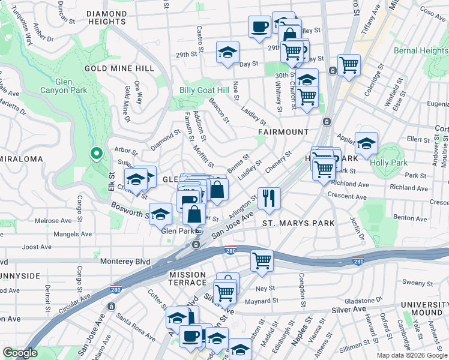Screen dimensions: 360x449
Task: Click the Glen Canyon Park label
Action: coord(71,86)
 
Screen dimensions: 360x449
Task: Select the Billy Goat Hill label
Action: coord(204,90)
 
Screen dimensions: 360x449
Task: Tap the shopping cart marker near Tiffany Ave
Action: coord(349,64)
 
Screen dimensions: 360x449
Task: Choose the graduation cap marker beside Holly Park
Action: coord(366,143)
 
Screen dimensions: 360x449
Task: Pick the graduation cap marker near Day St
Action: coord(228,52)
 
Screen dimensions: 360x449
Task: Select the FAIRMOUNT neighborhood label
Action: coord(283,131)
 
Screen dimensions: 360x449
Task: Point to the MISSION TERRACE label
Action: coord(187,278)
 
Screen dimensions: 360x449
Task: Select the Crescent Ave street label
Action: coord(348,196)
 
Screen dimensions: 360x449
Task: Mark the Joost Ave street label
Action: coord(37,247)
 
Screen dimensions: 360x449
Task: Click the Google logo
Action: coord(20,353)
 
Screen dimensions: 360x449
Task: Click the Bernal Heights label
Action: coord(421,51)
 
